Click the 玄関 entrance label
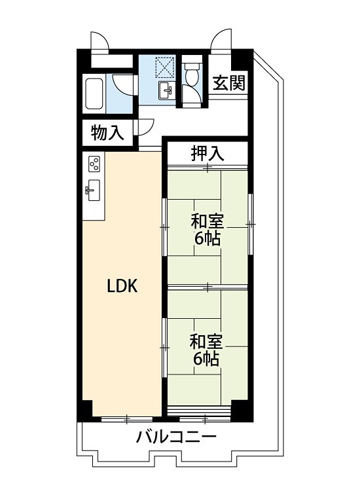228,84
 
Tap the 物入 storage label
107,133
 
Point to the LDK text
122,286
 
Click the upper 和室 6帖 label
207,228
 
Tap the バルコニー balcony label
175,437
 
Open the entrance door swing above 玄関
223,40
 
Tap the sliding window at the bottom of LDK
128,418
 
